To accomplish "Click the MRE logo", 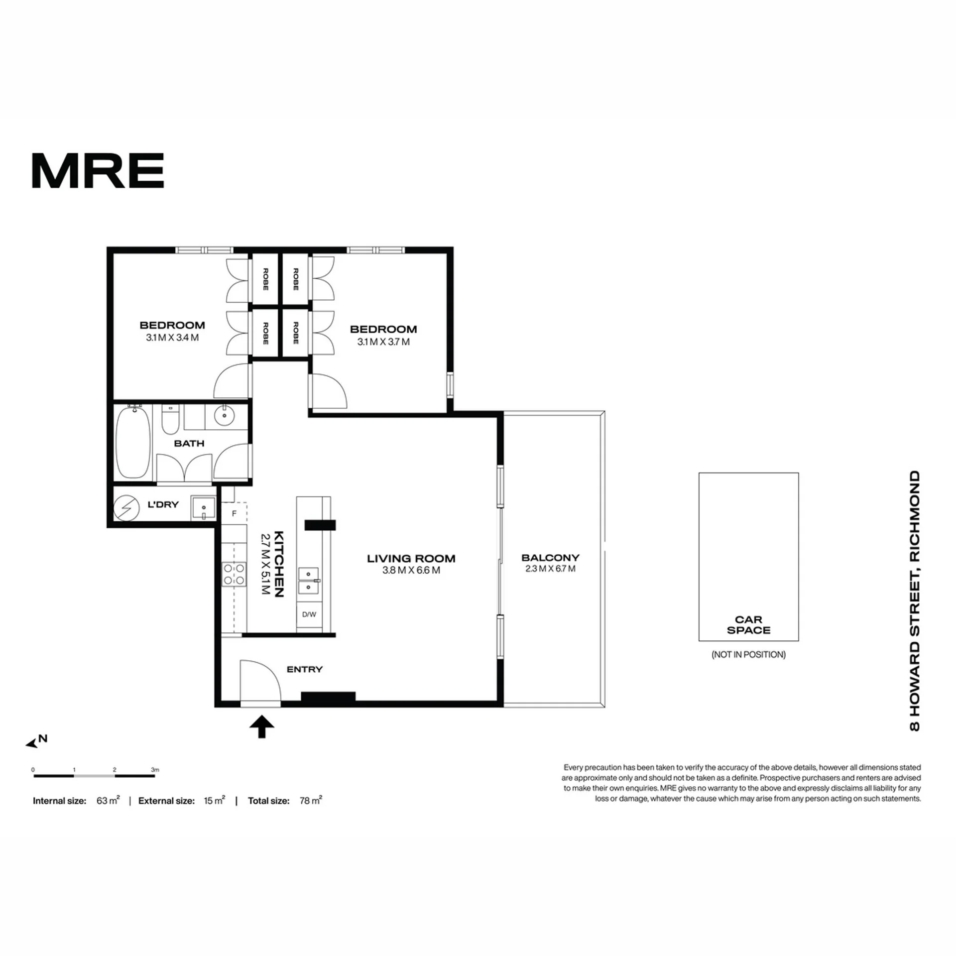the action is coord(98,170).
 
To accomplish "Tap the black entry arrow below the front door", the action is coord(262,726).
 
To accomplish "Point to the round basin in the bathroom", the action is coord(225,415).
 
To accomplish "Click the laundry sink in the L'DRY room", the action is coord(204,508).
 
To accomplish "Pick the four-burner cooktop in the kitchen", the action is coord(234,574).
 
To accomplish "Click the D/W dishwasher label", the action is coord(309,614).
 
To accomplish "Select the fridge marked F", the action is coord(234,513).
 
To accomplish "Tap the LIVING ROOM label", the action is coord(411,559).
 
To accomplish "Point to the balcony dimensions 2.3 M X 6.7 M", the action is coord(550,569).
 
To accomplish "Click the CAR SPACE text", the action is coord(748,625).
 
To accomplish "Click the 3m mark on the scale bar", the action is coord(155,770).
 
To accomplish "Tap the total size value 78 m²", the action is coord(311,801).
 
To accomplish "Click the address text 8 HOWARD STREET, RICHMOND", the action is coord(915,601).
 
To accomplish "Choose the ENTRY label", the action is coord(305,670).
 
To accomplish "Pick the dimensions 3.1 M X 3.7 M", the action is coord(383,342).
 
